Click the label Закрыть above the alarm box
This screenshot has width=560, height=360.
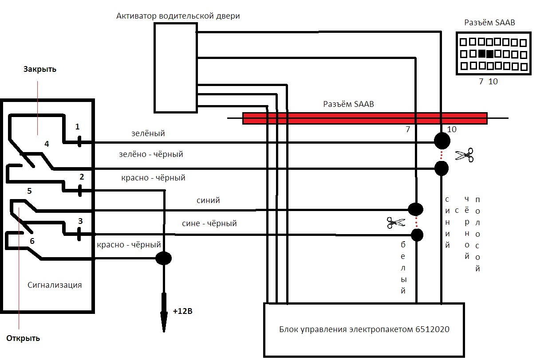40,70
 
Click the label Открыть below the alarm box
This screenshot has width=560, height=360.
23,338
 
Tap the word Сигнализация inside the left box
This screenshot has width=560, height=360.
55,285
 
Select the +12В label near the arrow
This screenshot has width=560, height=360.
182,311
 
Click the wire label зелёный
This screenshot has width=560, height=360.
148,133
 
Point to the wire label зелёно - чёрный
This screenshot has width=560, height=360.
151,154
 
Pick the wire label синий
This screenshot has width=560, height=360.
208,200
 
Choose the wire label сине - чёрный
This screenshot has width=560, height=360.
209,223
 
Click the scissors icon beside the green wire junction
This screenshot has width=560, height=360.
465,155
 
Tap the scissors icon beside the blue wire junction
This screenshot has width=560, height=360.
396,222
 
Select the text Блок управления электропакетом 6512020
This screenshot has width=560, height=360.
364,329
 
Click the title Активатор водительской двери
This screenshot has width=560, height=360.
178,16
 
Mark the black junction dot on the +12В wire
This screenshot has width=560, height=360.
163,258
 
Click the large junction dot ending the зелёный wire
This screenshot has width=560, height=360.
442,141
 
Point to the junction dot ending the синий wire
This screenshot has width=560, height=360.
415,209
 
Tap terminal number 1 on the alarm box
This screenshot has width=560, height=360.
78,127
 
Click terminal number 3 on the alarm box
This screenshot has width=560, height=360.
80,221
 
